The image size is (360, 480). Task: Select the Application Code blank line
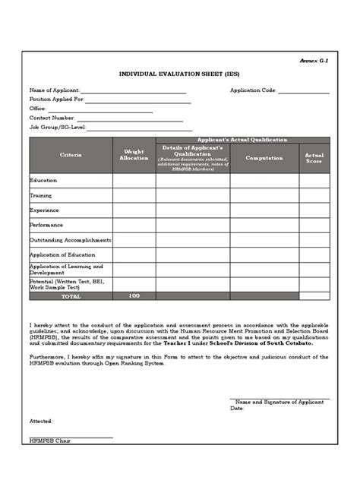click(304, 92)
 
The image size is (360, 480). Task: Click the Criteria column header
click(71, 155)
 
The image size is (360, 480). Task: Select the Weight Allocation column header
click(134, 155)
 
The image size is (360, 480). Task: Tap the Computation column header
click(264, 158)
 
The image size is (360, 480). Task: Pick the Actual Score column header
click(314, 158)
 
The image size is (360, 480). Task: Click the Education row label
click(43, 181)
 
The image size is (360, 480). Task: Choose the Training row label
click(41, 195)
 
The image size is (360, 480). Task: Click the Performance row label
click(46, 225)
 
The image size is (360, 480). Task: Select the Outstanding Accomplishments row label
click(71, 240)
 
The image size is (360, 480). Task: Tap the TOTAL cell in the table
click(71, 295)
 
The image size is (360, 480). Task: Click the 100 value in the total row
click(134, 295)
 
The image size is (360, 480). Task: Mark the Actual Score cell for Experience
click(314, 210)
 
